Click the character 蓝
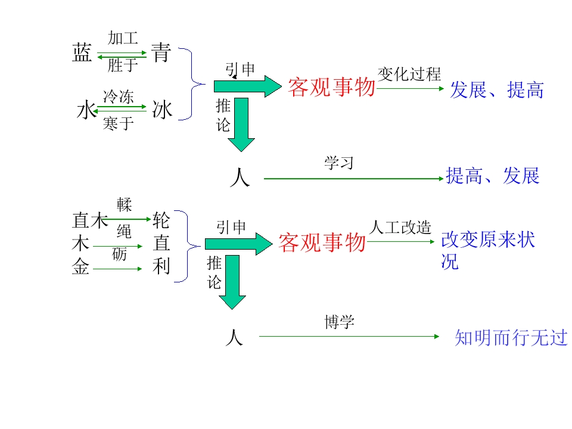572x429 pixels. pyautogui.click(x=82, y=52)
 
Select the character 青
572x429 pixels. pyautogui.click(x=161, y=52)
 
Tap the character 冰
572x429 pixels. pyautogui.click(x=162, y=110)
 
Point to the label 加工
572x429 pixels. pyautogui.click(x=123, y=38)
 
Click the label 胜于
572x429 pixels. pyautogui.click(x=123, y=66)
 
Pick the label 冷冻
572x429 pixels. pyautogui.click(x=118, y=97)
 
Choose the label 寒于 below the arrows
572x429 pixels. pyautogui.click(x=118, y=123)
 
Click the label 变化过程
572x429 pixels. pyautogui.click(x=409, y=74)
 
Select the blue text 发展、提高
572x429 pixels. pyautogui.click(x=497, y=90)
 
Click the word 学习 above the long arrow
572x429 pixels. pyautogui.click(x=339, y=163)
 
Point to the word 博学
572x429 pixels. pyautogui.click(x=339, y=322)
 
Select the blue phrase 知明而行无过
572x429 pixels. pyautogui.click(x=511, y=337)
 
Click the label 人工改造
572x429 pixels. pyautogui.click(x=400, y=227)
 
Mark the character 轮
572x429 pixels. pyautogui.click(x=161, y=220)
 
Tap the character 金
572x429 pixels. pyautogui.click(x=80, y=266)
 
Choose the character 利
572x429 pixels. pyautogui.click(x=161, y=266)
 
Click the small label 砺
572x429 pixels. pyautogui.click(x=120, y=254)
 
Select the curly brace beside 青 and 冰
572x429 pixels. pyautogui.click(x=192, y=84)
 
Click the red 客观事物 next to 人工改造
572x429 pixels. pyautogui.click(x=322, y=243)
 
